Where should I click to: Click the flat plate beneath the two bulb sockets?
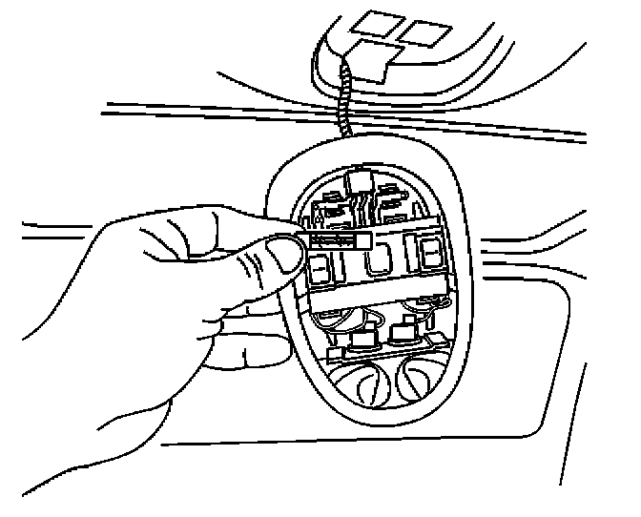[382, 353]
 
